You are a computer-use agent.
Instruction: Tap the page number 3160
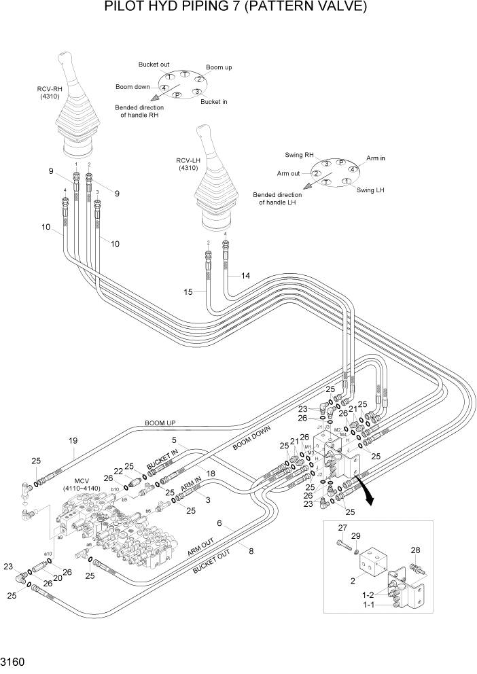coord(14,660)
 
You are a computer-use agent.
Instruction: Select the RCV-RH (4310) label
coord(50,92)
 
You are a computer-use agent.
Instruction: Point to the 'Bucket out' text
coord(154,65)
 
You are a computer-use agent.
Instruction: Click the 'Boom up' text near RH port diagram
coord(219,68)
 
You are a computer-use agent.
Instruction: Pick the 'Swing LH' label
coord(371,190)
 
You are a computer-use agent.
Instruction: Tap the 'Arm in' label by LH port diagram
coord(376,158)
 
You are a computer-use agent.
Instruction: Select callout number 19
coord(73,441)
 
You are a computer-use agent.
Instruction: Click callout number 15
coord(190,292)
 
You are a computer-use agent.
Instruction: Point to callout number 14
coord(245,276)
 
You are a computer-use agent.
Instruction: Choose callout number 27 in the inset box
coord(343,528)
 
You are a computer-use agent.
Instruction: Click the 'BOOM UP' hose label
coord(161,423)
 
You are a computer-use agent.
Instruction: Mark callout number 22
coord(118,472)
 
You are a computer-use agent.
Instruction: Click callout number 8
coord(251,551)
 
